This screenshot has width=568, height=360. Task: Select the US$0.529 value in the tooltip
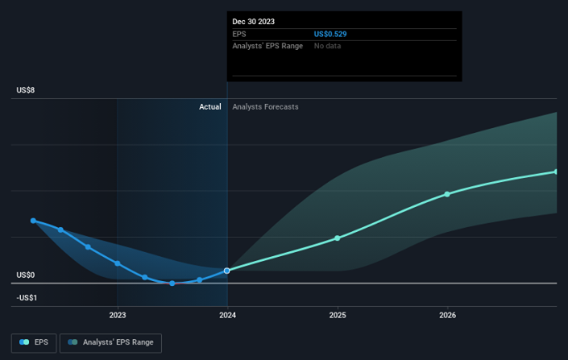tap(330, 35)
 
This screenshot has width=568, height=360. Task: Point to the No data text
tap(327, 47)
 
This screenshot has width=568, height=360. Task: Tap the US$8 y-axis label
tap(26, 90)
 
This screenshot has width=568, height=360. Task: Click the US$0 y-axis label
tap(26, 275)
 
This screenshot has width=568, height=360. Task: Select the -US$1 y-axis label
tap(27, 298)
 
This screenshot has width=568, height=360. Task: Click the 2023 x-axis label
tap(118, 315)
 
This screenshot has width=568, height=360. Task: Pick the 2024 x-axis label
tap(227, 315)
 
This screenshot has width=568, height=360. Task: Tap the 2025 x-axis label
tap(338, 315)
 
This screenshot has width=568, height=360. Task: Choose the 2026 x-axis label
tap(448, 315)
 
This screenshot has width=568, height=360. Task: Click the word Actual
tap(210, 107)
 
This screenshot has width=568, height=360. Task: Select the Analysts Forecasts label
tap(265, 107)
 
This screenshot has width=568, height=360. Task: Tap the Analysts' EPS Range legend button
tap(111, 342)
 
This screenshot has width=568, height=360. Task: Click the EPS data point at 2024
tap(227, 271)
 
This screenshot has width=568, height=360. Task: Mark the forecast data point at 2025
tap(338, 238)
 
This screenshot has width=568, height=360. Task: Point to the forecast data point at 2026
tap(448, 194)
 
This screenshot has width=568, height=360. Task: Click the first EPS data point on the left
tap(33, 221)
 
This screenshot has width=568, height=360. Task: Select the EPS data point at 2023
tap(118, 263)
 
